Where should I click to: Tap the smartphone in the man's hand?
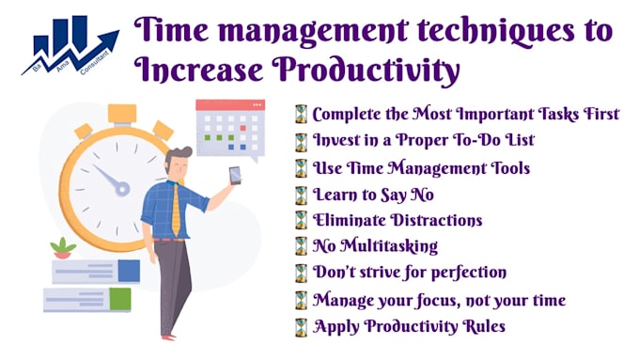(234, 175)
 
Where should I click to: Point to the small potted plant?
(64, 248)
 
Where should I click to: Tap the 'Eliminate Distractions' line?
(397, 221)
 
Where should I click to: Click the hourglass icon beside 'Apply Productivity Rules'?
(300, 327)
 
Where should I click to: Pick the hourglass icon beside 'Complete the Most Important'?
(300, 115)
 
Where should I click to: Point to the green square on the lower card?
(119, 299)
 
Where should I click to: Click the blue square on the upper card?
(129, 271)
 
